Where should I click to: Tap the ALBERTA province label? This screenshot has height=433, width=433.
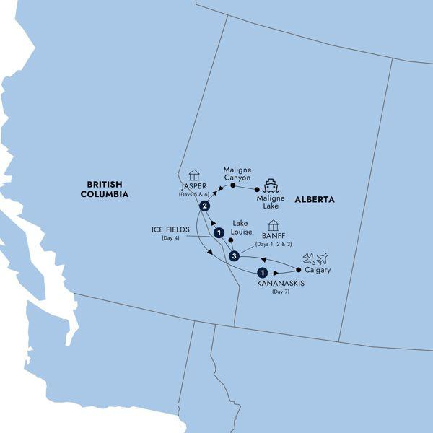coord(314,199)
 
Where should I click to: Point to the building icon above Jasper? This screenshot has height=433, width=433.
coord(193,175)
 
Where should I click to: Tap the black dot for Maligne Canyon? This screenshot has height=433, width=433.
coord(233,185)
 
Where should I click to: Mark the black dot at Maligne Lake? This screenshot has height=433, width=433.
coord(257,190)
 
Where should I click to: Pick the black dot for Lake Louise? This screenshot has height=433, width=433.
coord(230,240)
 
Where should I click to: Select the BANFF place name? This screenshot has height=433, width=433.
coord(273,237)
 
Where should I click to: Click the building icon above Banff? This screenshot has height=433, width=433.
coord(273,225)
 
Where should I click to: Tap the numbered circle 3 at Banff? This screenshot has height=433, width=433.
coord(233,256)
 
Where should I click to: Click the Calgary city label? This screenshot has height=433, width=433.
coord(317,270)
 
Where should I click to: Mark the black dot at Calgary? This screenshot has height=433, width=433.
coord(299,269)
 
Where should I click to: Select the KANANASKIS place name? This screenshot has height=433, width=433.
coord(281,284)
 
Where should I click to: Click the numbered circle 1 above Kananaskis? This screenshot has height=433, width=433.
coord(262,273)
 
